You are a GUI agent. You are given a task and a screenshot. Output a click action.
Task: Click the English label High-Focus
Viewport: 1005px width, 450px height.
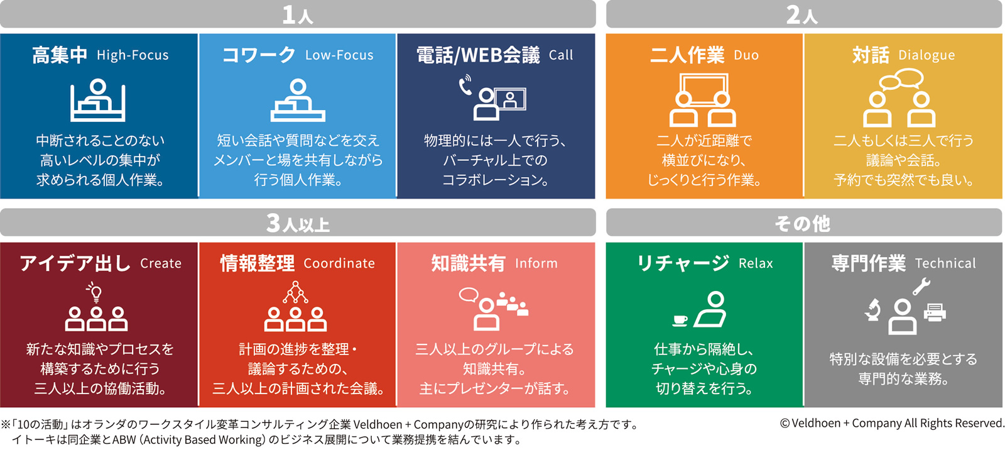click(133, 55)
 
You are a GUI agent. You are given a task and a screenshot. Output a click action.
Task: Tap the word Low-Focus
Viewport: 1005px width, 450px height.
click(339, 55)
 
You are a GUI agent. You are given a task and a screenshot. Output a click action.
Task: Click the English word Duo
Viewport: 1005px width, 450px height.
click(746, 55)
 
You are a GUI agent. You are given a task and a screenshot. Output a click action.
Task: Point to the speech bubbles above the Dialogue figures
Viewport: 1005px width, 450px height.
click(901, 79)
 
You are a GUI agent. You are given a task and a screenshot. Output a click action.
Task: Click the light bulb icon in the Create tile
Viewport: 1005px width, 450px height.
click(95, 292)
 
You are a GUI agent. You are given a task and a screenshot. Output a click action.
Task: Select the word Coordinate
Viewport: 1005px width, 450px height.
click(339, 263)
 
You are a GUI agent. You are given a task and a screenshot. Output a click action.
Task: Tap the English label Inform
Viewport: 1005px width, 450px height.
click(536, 263)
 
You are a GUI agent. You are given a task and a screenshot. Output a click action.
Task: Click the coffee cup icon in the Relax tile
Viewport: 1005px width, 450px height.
click(680, 320)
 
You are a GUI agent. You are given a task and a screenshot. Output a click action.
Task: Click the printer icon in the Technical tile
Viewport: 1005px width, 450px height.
click(935, 312)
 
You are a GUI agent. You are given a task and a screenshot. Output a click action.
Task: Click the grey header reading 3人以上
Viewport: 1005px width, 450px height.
click(298, 222)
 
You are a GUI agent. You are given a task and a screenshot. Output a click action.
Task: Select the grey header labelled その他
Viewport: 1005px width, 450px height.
click(804, 222)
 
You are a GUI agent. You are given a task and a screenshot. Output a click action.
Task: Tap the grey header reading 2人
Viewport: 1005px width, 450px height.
click(804, 14)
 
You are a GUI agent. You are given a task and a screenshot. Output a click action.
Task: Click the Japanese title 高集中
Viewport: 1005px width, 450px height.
click(60, 55)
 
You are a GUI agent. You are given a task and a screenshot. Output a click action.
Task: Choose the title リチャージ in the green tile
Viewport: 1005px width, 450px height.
click(683, 263)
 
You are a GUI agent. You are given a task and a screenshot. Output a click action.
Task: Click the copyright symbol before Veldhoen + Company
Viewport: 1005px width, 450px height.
click(785, 423)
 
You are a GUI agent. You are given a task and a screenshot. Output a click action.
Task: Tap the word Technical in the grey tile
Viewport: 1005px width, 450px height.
click(945, 263)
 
